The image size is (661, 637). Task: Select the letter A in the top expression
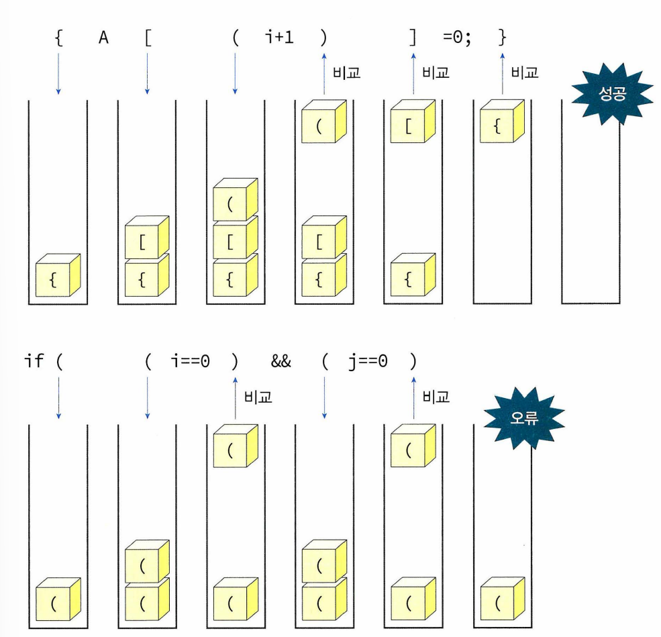pyautogui.click(x=103, y=37)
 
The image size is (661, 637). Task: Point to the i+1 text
pyautogui.click(x=279, y=37)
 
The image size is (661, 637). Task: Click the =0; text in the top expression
pyautogui.click(x=458, y=37)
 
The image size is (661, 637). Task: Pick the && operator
pyautogui.click(x=280, y=361)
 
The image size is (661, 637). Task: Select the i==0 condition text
pyautogui.click(x=191, y=361)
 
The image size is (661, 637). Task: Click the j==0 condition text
pyautogui.click(x=368, y=361)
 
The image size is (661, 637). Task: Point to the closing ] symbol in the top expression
pyautogui.click(x=413, y=37)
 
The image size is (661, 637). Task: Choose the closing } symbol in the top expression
pyautogui.click(x=502, y=37)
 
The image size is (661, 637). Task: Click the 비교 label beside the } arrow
pyautogui.click(x=525, y=73)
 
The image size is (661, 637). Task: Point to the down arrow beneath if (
pyautogui.click(x=58, y=396)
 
